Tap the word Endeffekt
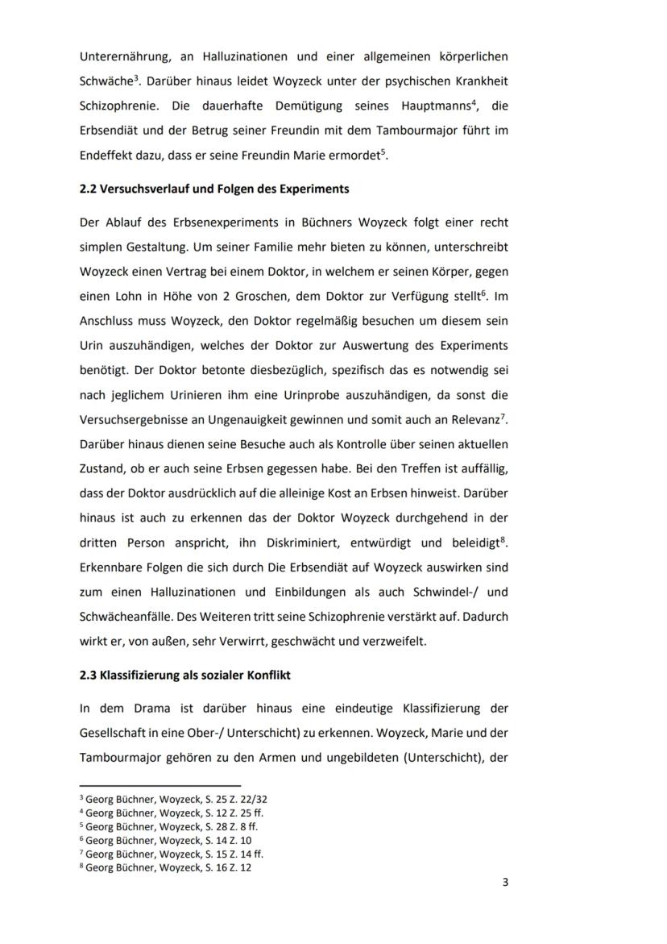pyautogui.click(x=108, y=156)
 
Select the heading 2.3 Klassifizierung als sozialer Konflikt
pyautogui.click(x=184, y=676)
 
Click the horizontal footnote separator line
pyautogui.click(x=160, y=784)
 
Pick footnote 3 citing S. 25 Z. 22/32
pyautogui.click(x=173, y=799)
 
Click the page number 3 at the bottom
pyautogui.click(x=505, y=882)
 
